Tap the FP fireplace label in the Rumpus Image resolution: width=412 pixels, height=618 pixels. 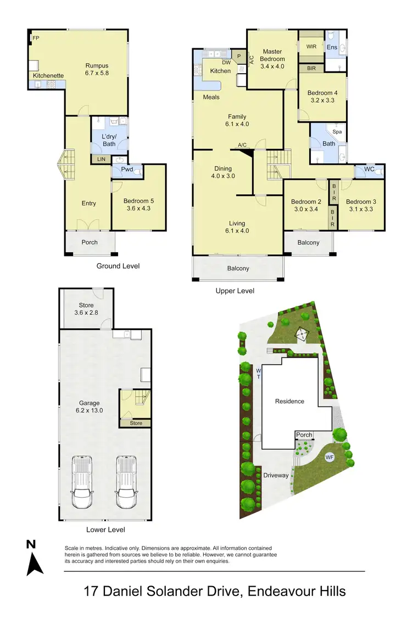(x=36, y=38)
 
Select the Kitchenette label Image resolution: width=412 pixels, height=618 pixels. (x=48, y=75)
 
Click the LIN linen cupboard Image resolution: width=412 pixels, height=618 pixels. (x=101, y=159)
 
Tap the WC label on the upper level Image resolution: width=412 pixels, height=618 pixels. (x=369, y=169)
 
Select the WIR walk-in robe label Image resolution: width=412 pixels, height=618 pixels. (x=311, y=47)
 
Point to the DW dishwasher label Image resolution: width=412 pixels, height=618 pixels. (x=226, y=62)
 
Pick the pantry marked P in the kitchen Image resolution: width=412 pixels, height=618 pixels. (x=240, y=55)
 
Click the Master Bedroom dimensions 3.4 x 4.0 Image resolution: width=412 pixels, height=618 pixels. (x=272, y=66)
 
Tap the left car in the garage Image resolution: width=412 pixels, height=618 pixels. (x=82, y=484)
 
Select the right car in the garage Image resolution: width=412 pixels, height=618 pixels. (x=126, y=484)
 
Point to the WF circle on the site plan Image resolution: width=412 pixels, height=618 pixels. (x=330, y=456)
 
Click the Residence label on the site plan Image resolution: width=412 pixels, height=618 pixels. (x=289, y=401)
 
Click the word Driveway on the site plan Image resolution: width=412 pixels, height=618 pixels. (x=276, y=475)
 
